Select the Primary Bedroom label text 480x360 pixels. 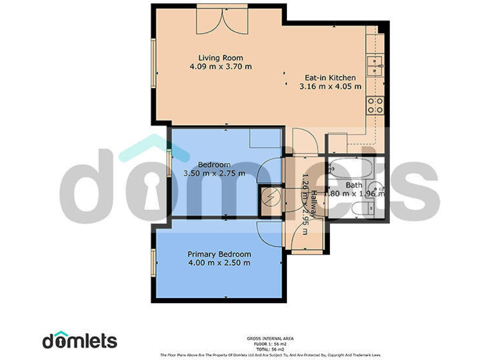pyautogui.click(x=219, y=254)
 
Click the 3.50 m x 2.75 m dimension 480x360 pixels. pyautogui.click(x=214, y=173)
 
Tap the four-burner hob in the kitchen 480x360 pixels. pyautogui.click(x=375, y=105)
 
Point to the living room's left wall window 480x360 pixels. pyautogui.click(x=152, y=64)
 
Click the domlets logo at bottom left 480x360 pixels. pyautogui.click(x=79, y=340)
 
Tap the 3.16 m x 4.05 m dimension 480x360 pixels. pyautogui.click(x=331, y=87)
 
